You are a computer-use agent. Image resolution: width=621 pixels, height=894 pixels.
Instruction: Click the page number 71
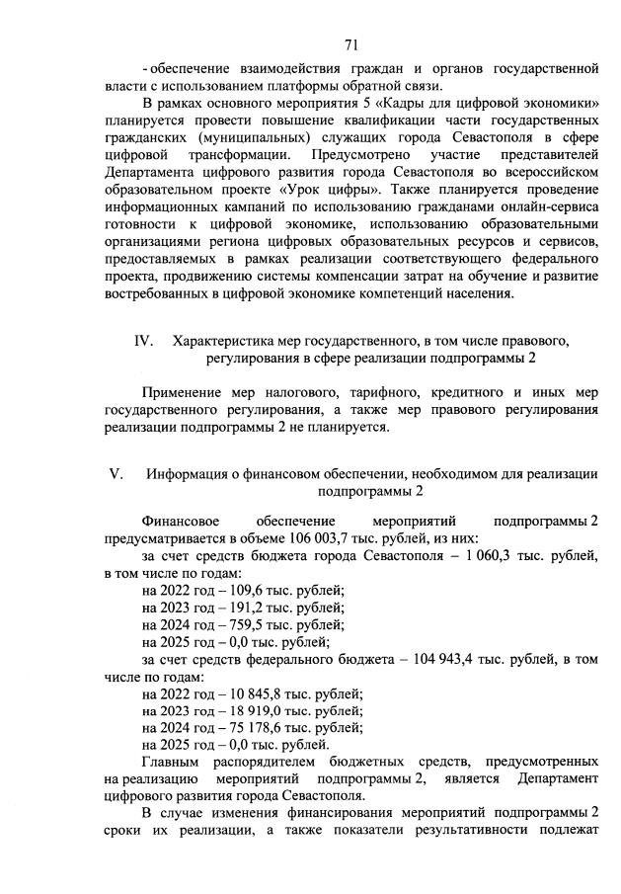tap(350, 43)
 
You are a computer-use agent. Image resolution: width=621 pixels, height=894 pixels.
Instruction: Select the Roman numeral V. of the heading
tap(115, 473)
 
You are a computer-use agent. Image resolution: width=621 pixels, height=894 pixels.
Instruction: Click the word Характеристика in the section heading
tap(223, 341)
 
